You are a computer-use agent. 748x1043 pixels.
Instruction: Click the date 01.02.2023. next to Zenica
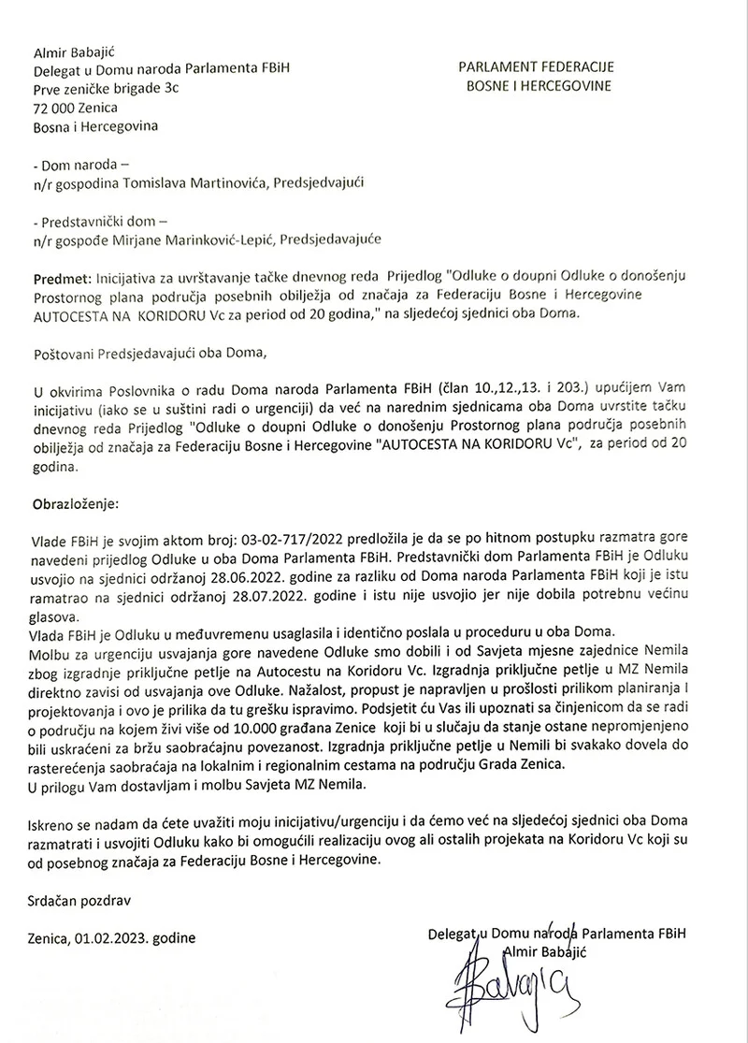click(x=114, y=935)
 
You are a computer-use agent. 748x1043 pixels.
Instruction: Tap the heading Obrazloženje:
click(x=76, y=502)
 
